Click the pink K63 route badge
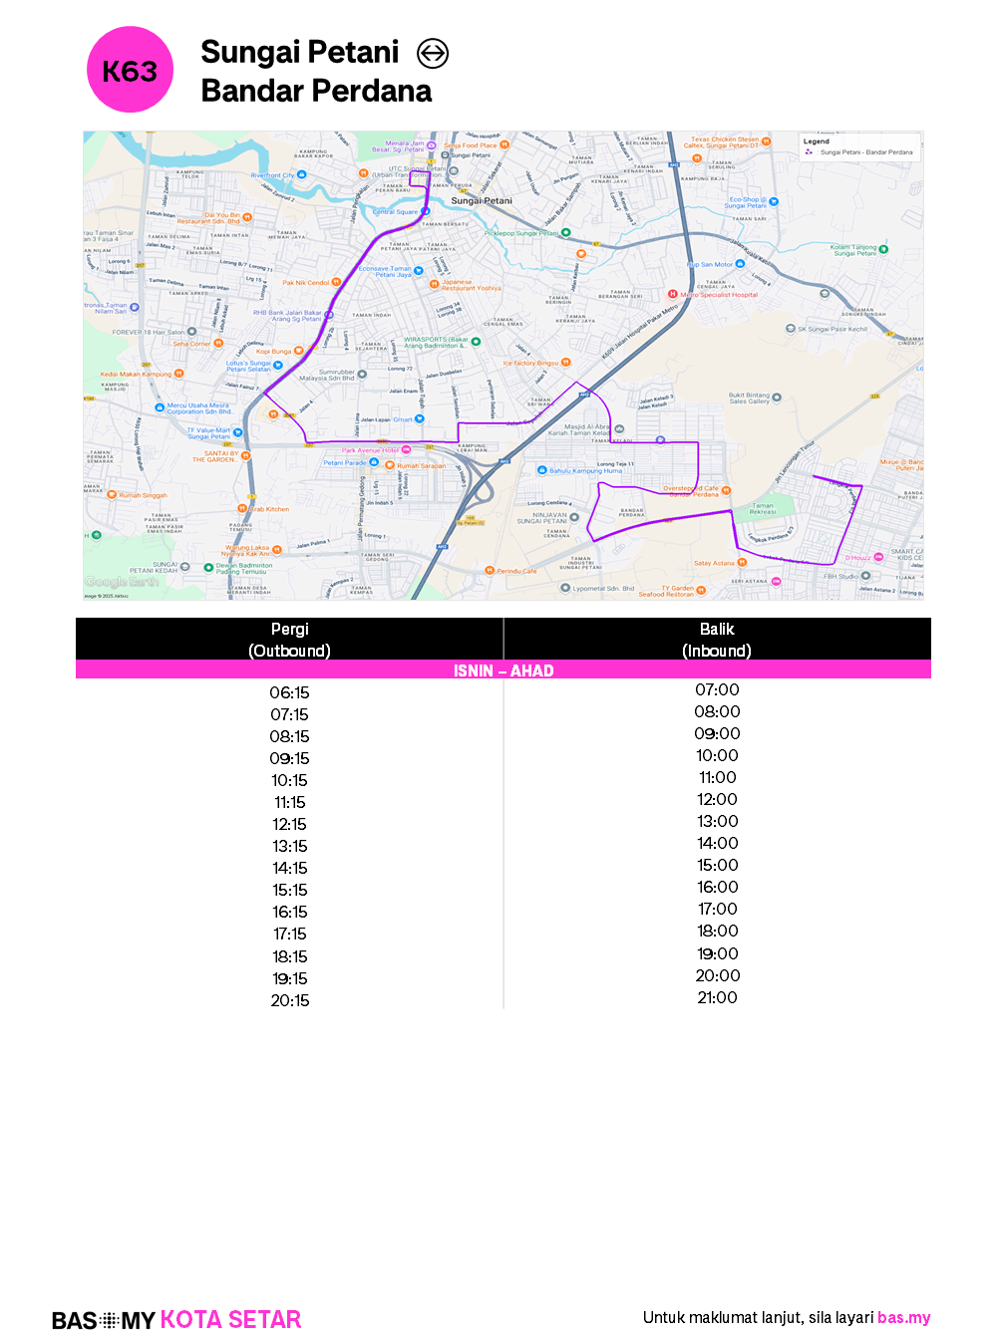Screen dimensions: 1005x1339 pyautogui.click(x=130, y=70)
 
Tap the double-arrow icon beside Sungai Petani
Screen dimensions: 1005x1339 pyautogui.click(x=433, y=53)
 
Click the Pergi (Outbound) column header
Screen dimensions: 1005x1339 pyautogui.click(x=289, y=640)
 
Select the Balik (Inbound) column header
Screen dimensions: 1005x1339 pyautogui.click(x=717, y=640)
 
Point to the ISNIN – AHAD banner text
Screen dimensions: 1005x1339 pyautogui.click(x=503, y=670)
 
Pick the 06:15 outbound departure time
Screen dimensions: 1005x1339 pyautogui.click(x=289, y=692)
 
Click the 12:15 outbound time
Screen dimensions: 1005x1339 pyautogui.click(x=289, y=824)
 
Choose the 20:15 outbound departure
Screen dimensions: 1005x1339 pyautogui.click(x=290, y=1000)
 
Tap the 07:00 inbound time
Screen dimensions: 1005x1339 pyautogui.click(x=717, y=689)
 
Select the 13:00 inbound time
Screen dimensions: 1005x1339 pyautogui.click(x=717, y=821)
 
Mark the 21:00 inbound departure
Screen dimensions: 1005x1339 pyautogui.click(x=717, y=997)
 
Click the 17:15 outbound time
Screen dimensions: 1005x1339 pyautogui.click(x=290, y=934)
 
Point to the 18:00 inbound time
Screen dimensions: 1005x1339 pyautogui.click(x=717, y=931)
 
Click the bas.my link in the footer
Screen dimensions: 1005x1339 pyautogui.click(x=903, y=1317)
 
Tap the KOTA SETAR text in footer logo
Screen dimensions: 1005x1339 pyautogui.click(x=230, y=1319)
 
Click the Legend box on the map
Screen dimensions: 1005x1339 pyautogui.click(x=859, y=147)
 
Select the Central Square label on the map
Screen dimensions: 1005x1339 pyautogui.click(x=396, y=212)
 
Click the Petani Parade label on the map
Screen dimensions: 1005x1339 pyautogui.click(x=344, y=462)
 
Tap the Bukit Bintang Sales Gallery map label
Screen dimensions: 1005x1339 pyautogui.click(x=749, y=399)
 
